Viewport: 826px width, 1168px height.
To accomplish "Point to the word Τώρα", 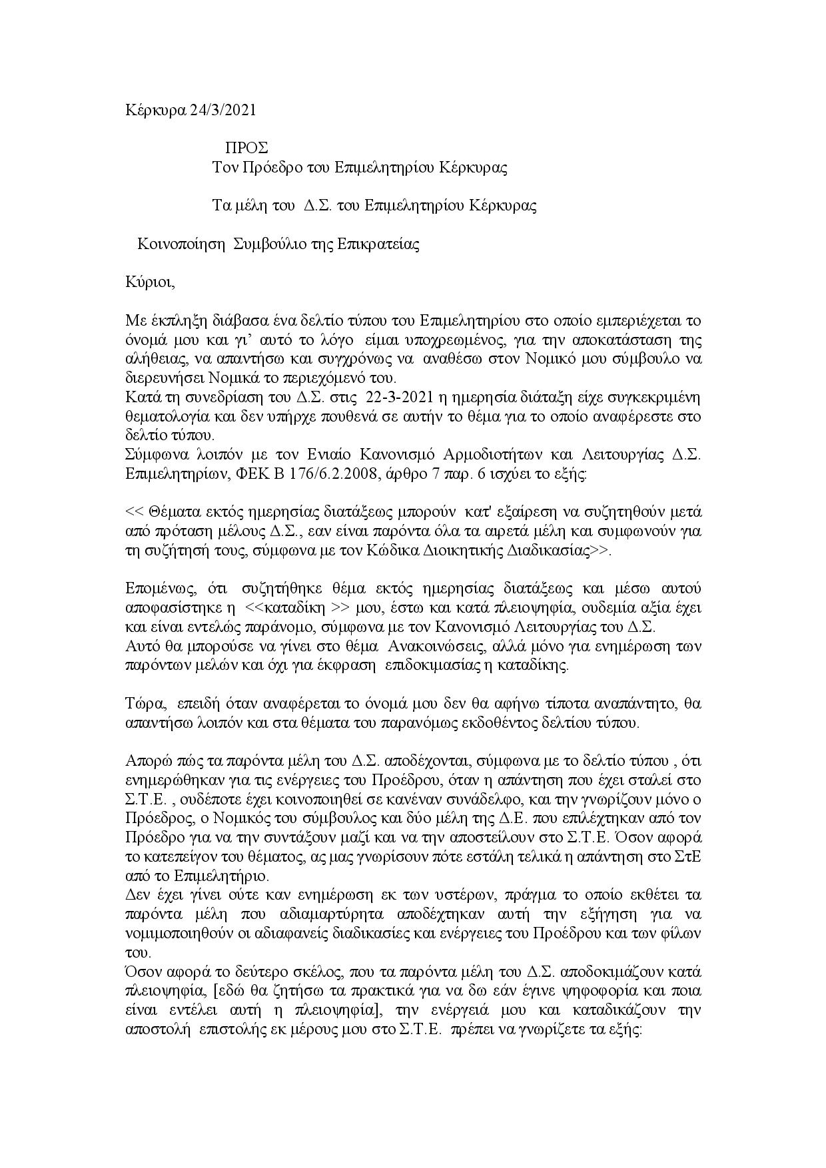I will click(140, 704).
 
